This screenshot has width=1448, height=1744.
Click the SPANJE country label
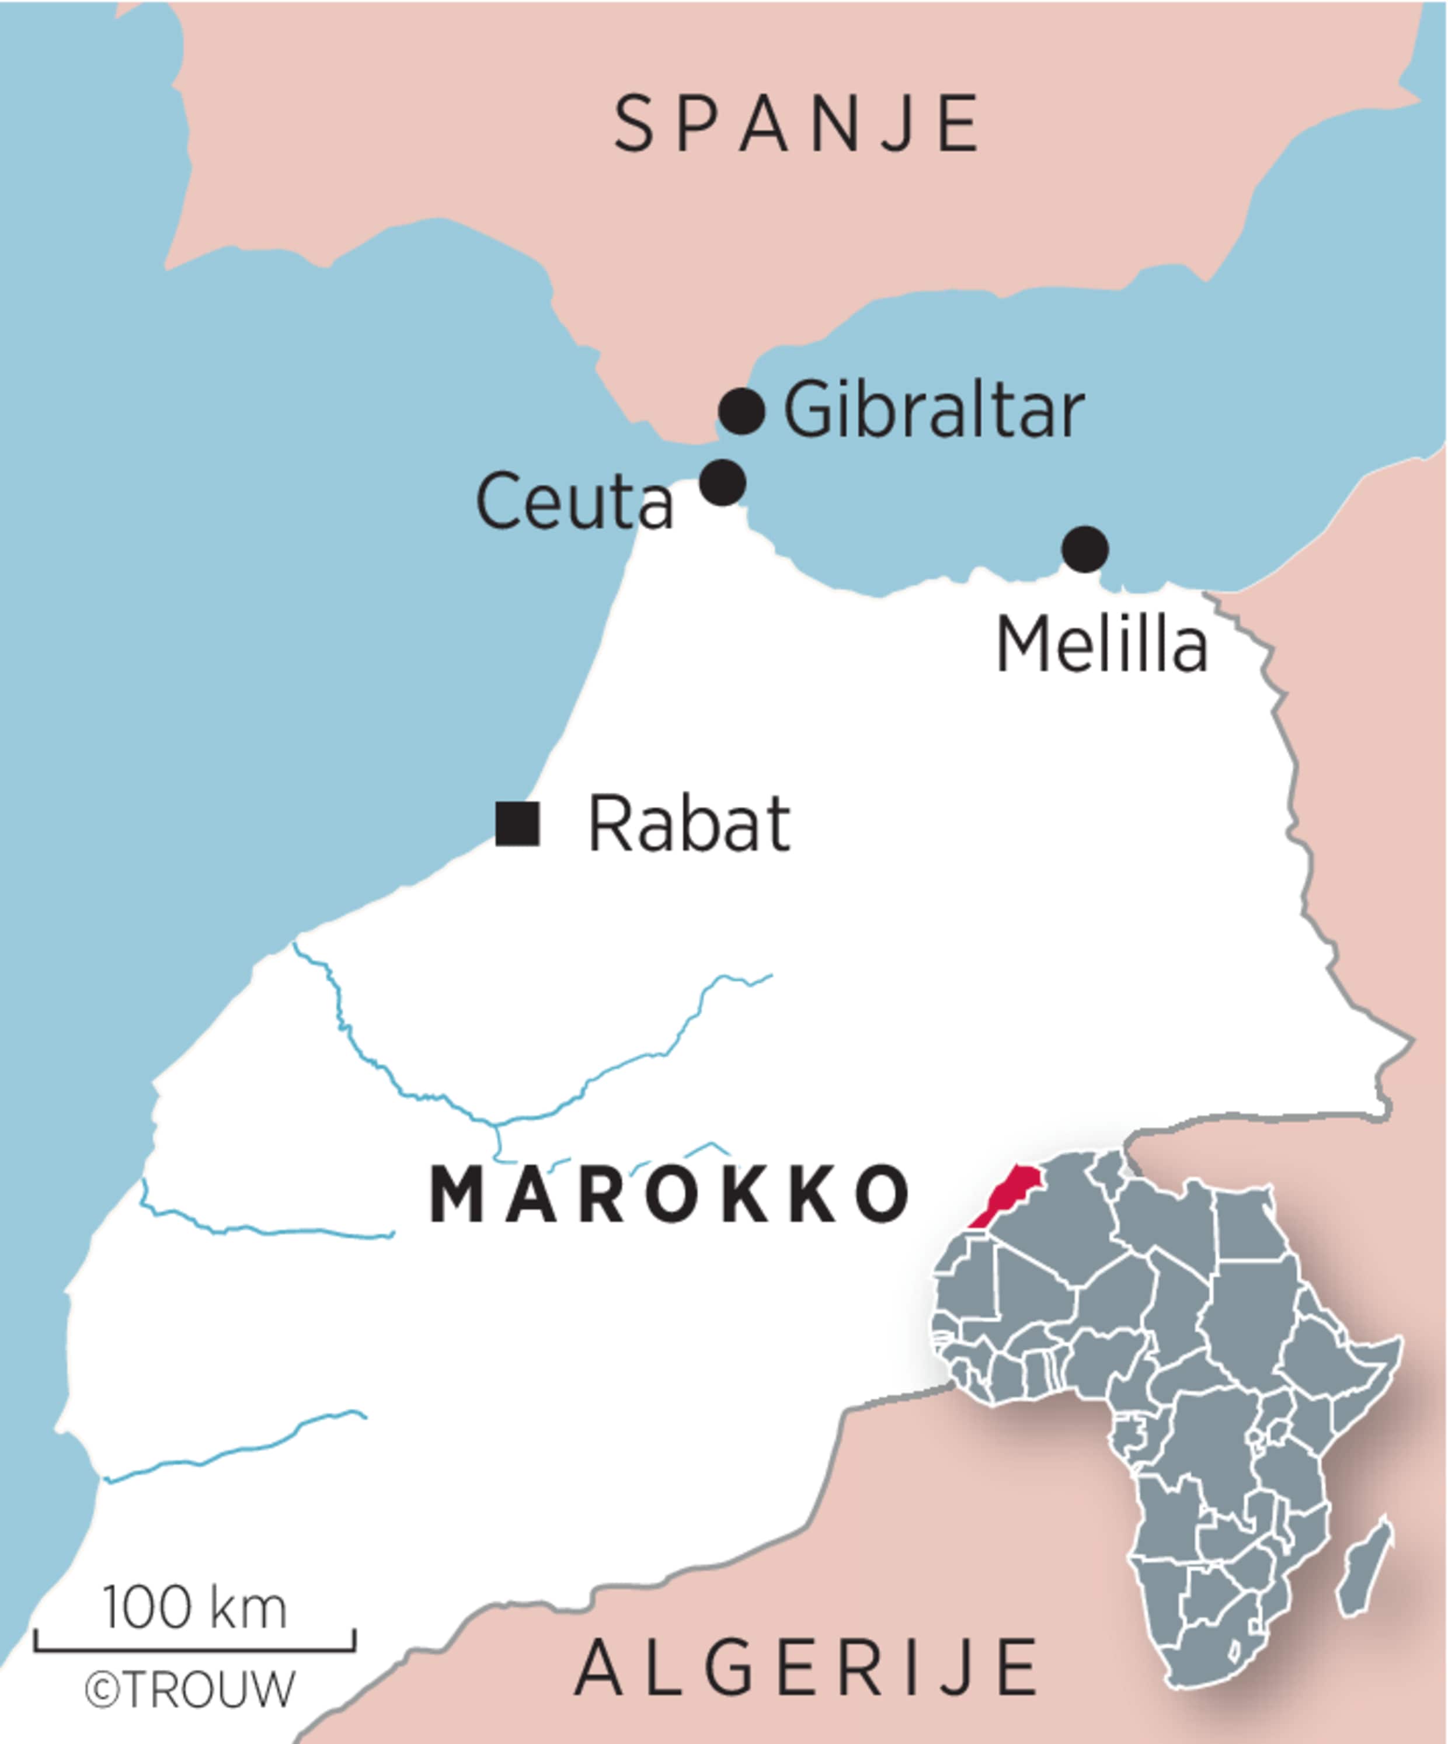[x=797, y=124]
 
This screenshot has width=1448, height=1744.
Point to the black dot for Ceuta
[x=722, y=482]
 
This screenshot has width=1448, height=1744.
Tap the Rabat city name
[x=688, y=825]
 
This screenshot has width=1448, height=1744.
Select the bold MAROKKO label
[x=669, y=1196]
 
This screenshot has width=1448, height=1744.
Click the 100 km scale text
[x=195, y=1608]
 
